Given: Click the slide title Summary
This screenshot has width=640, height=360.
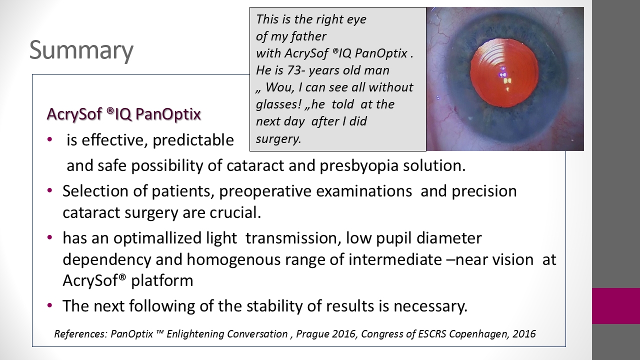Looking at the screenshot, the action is point(81,50).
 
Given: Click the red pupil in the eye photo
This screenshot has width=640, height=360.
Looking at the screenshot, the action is point(504,73).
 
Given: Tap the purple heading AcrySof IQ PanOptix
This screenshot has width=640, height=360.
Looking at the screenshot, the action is point(123,114).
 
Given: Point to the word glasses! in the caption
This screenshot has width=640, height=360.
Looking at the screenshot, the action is point(278,104).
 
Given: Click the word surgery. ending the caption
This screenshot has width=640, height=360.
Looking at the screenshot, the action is point(278,139).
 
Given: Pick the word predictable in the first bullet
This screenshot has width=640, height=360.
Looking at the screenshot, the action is point(193,140).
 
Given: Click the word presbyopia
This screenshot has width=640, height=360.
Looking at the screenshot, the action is point(359,165).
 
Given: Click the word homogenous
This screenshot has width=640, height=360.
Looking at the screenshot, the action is point(233,259).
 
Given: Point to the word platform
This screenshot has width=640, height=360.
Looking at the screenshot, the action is point(162,281).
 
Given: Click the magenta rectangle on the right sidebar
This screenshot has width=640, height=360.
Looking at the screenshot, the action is point(615,306).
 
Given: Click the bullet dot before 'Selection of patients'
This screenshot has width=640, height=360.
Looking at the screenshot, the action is point(49,190).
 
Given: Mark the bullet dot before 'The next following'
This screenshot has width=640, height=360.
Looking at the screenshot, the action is point(49,305).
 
